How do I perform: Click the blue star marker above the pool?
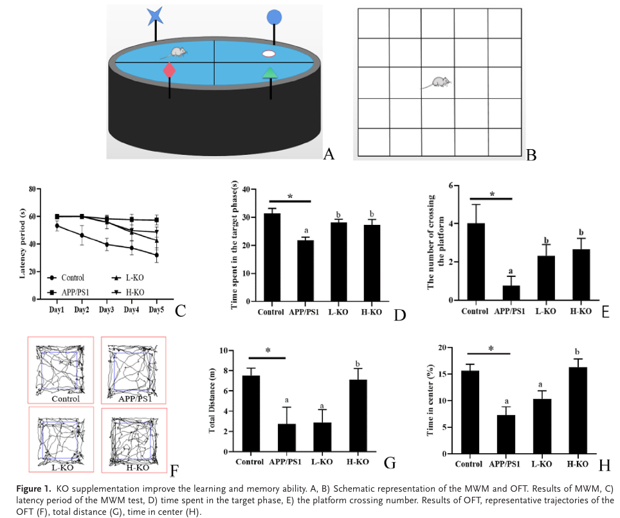[156, 15]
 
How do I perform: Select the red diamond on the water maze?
[170, 70]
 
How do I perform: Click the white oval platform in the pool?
[269, 54]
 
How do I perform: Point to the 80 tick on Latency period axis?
[30, 189]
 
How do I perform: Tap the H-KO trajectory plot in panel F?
[133, 442]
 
